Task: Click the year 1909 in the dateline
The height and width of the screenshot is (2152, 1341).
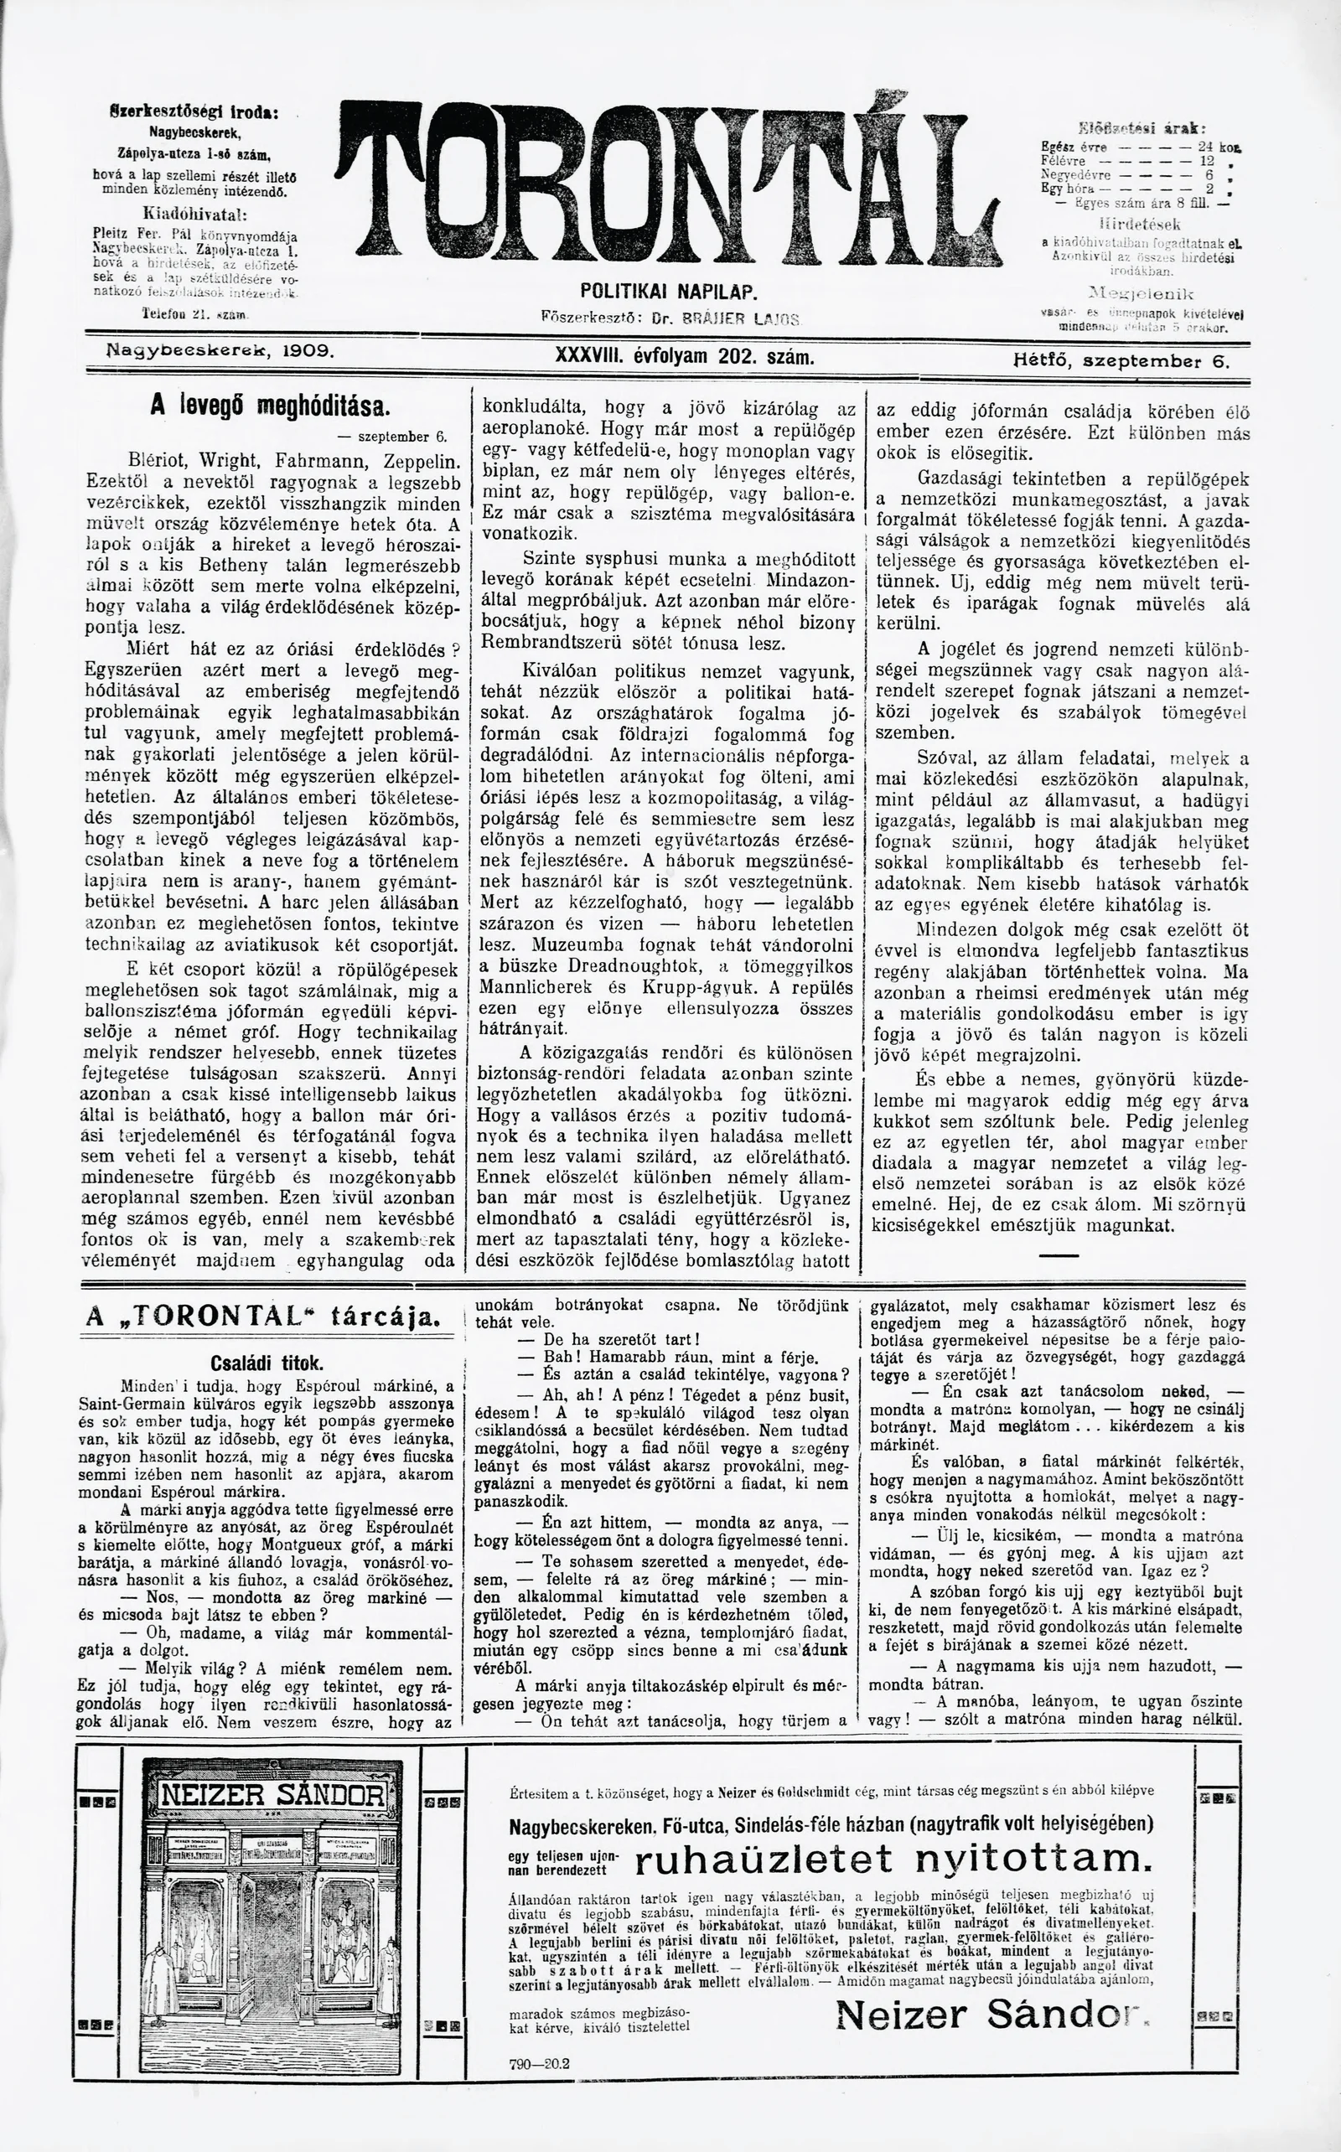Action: (x=307, y=352)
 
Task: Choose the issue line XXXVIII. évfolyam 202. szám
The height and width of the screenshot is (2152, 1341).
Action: (x=684, y=356)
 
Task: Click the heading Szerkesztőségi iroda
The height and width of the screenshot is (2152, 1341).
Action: (x=194, y=114)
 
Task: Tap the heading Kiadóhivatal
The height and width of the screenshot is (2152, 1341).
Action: (x=194, y=215)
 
